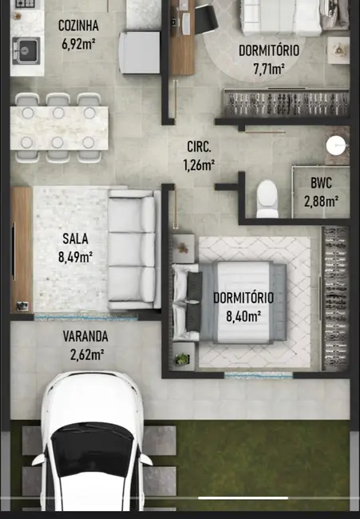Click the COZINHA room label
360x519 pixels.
pos(77,25)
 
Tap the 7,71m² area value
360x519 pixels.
pos(269,69)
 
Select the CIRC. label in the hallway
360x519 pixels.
pos(199,147)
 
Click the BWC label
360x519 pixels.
pos(322,182)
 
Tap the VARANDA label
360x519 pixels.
pos(85,336)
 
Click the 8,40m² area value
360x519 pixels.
pos(243,315)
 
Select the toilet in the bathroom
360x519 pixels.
pos(267,196)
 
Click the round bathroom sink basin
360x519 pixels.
pos(336,146)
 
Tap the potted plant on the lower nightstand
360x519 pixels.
pos(182,359)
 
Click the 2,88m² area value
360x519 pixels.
pos(321,200)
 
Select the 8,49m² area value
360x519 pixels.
pos(75,256)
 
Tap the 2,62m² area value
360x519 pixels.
pos(85,355)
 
